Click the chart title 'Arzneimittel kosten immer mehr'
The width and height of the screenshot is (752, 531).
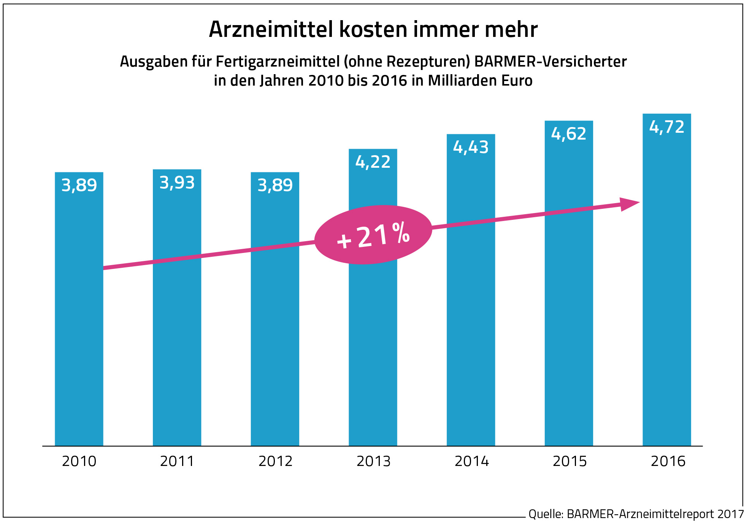point(373,30)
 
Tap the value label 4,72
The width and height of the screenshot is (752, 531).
point(666,127)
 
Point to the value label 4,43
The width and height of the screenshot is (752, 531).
point(471,148)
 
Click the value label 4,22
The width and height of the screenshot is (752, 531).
point(373,162)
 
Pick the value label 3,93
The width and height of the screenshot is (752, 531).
point(177,183)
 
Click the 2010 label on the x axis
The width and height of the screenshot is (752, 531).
point(79,461)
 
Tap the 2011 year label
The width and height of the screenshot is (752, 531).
point(177,461)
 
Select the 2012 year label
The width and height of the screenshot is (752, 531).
point(275,461)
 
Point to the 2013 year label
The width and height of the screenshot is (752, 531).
point(373,461)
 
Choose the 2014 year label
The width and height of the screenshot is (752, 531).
point(471,461)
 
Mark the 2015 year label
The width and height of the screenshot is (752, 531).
point(570,461)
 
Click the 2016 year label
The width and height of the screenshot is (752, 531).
point(668,461)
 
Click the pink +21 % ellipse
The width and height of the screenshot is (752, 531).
point(373,235)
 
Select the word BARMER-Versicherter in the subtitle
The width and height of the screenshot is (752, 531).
point(551,62)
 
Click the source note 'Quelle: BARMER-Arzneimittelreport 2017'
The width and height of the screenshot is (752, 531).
point(636,514)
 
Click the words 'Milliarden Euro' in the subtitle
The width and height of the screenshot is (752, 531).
point(480,81)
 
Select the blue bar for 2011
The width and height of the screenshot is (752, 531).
point(177,323)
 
